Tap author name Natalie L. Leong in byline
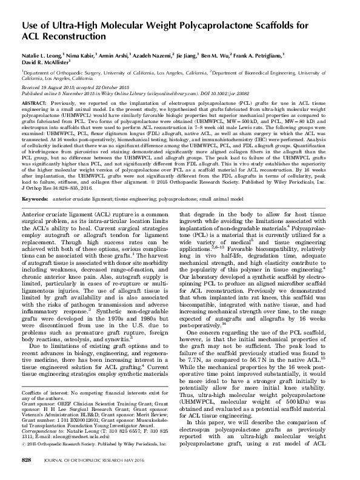(x=47, y=54)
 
